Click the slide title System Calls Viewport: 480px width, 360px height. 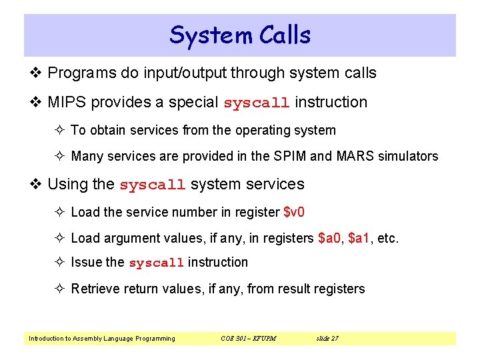pos(240,35)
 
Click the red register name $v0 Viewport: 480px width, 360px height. pos(294,212)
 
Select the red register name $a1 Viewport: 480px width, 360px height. pos(359,238)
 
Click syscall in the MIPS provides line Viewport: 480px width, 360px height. pos(257,103)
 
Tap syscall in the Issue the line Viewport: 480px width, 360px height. pos(156,263)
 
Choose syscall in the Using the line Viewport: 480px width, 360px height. pos(153,185)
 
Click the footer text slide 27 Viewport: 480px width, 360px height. pos(327,339)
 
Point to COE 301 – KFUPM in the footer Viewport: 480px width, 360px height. pos(248,339)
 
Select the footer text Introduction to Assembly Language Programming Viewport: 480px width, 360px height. pos(102,339)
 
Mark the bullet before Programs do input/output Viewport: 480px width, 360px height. pos(37,73)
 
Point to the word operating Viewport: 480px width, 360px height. pos(262,131)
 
